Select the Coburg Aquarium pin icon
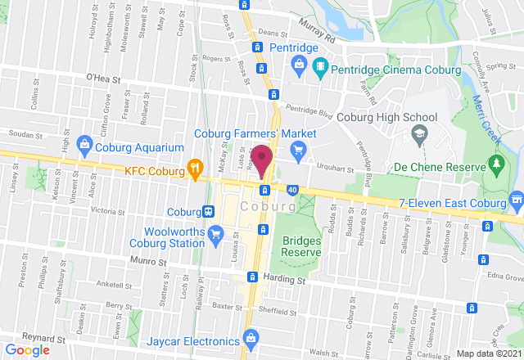pos(84,147)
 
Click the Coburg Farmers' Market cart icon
pos(297,150)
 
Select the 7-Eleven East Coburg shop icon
pos(516,201)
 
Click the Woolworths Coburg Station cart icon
pos(215,236)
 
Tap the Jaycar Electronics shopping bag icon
pos(251,337)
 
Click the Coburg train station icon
pos(210,211)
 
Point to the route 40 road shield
pos(293,191)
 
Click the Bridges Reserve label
pos(300,246)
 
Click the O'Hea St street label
pos(103,81)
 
